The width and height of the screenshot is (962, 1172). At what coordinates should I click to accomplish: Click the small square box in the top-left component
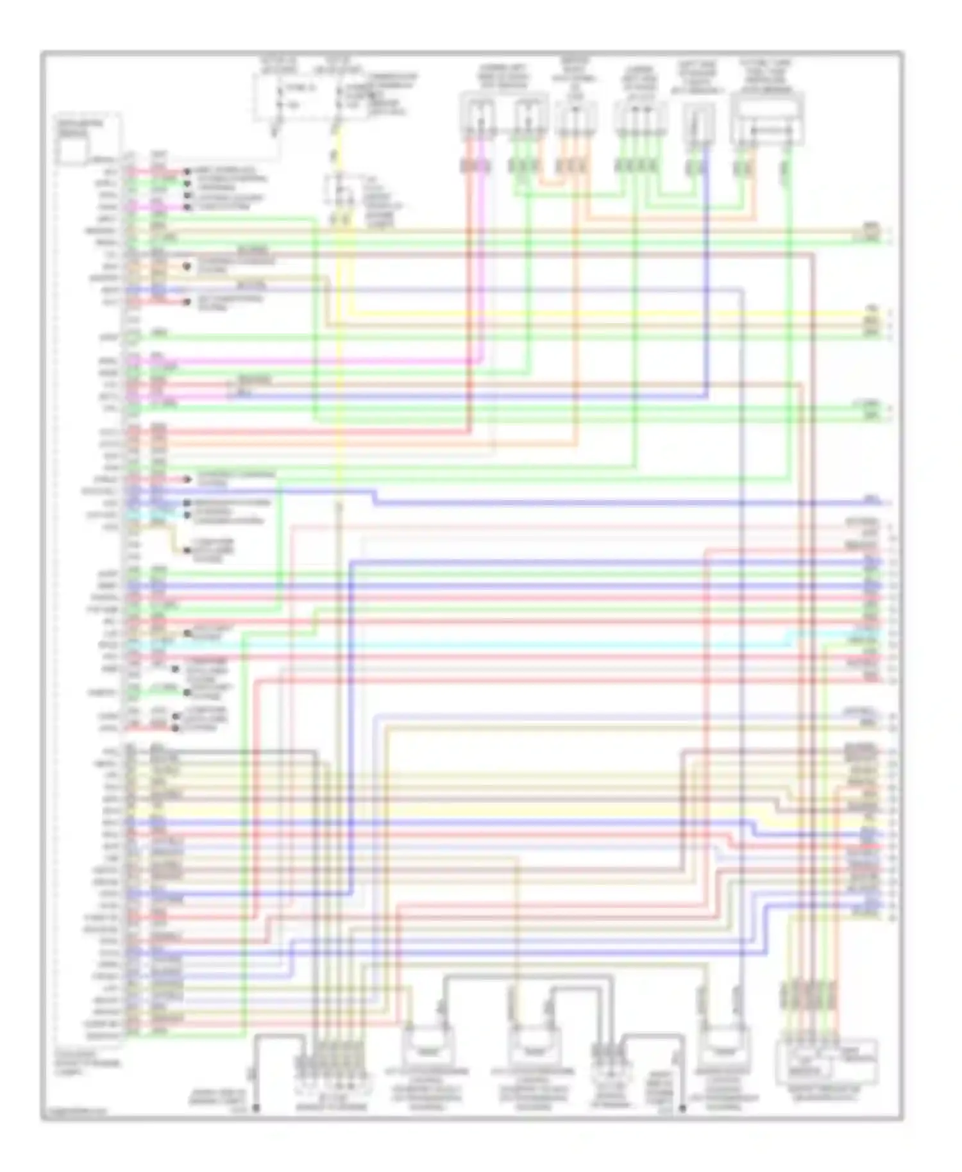pyautogui.click(x=72, y=152)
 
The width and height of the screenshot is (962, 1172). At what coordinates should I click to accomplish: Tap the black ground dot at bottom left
pyautogui.click(x=255, y=1108)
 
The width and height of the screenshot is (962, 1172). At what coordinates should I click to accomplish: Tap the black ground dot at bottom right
pyautogui.click(x=682, y=1108)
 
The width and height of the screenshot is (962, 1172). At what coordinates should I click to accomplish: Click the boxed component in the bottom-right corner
pyautogui.click(x=827, y=1061)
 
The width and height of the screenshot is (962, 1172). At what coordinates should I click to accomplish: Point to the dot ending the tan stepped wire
pyautogui.click(x=187, y=550)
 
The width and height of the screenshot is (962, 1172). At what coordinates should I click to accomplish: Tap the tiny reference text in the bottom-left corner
pyautogui.click(x=74, y=1112)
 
